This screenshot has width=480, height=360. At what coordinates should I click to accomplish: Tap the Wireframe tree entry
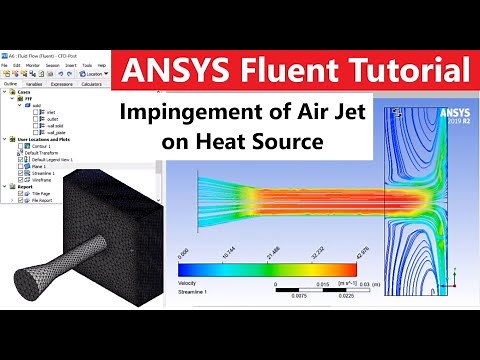(44, 179)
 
